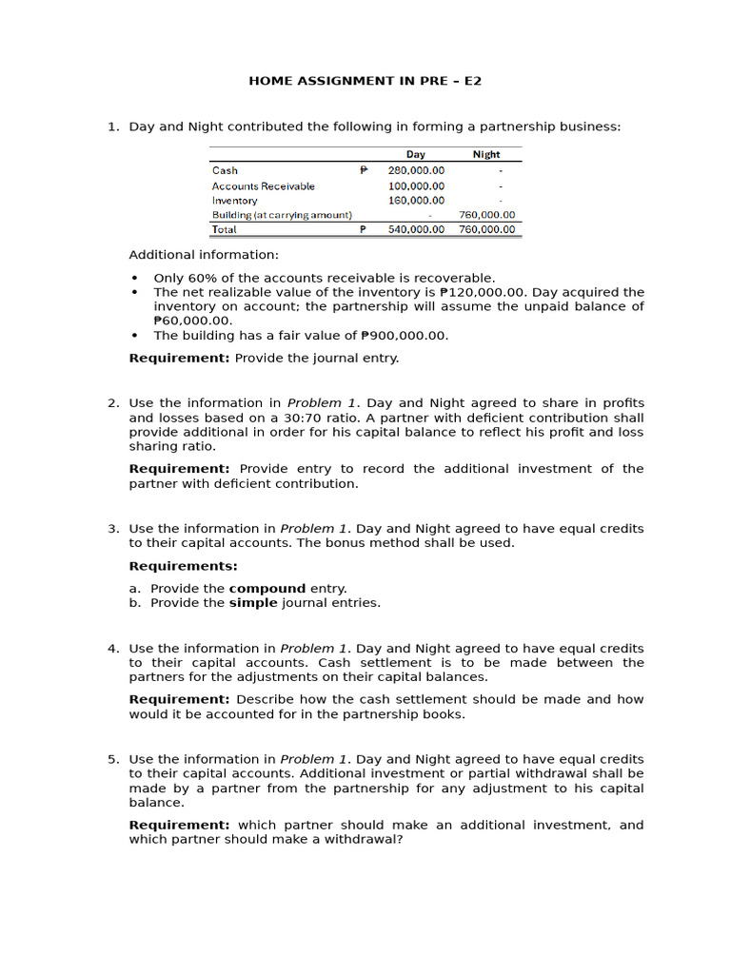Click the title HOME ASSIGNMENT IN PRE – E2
[365, 81]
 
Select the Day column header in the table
[415, 154]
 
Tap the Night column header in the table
[486, 154]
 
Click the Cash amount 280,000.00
[416, 170]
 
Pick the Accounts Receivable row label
[263, 185]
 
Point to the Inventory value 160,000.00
[416, 200]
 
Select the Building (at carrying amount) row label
[282, 215]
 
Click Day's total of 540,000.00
[416, 229]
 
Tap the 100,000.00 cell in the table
[416, 185]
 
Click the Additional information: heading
[204, 255]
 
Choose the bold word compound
[267, 588]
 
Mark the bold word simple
[252, 602]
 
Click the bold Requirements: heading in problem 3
[183, 566]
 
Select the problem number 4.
[112, 649]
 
